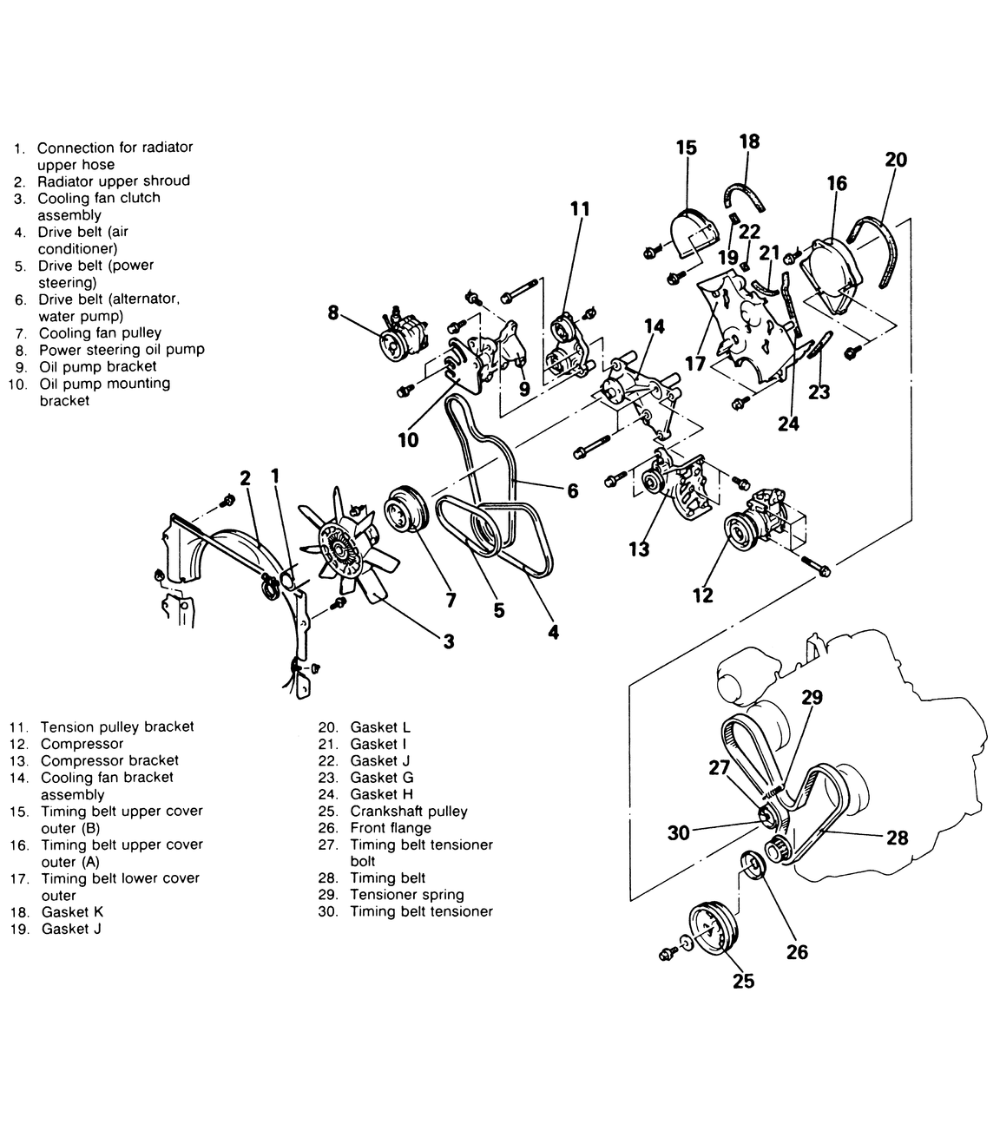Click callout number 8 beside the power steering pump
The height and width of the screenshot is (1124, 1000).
pos(333,312)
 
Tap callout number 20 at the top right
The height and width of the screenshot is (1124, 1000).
pos(896,160)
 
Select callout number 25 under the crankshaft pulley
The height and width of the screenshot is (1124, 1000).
pos(744,981)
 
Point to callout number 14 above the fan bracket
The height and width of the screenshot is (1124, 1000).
pos(655,326)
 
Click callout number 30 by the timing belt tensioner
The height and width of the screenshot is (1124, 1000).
pos(678,832)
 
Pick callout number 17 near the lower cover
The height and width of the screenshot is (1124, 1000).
pos(694,364)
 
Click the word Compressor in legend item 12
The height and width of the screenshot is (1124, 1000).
pos(82,744)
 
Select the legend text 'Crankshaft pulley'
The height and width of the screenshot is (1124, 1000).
pos(409,811)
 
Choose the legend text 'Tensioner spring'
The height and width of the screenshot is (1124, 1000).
pos(407,894)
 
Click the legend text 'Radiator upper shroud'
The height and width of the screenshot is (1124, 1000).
pos(114,181)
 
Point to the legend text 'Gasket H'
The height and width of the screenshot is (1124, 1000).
pos(382,794)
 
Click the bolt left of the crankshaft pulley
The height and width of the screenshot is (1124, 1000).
pos(666,954)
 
